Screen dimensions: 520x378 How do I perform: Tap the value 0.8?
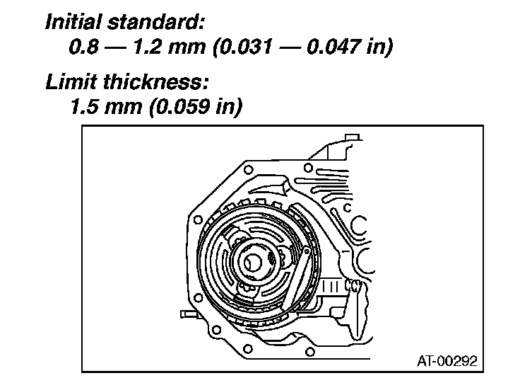(x=84, y=46)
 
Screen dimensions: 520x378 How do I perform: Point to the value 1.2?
(x=148, y=46)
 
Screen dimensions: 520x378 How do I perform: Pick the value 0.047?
(x=334, y=46)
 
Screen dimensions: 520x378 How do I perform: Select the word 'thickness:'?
(x=155, y=81)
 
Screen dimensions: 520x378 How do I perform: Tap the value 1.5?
(x=83, y=106)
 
